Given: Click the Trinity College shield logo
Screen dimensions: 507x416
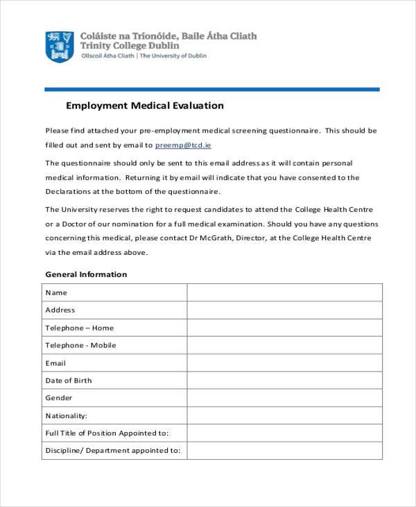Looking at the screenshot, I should coord(60,46).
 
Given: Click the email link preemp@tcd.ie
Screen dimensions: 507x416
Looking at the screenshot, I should coord(183,145).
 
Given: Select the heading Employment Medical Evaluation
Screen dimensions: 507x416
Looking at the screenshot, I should coord(144,106).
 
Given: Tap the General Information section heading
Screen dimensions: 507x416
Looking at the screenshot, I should coord(86,274).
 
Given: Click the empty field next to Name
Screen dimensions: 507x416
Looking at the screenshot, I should coord(284,292).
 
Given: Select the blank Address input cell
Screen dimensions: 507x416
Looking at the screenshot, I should coord(284,310).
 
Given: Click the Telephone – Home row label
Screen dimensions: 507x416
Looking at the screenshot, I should coord(79,328).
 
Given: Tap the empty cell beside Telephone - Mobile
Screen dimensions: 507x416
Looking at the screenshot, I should coord(284,345).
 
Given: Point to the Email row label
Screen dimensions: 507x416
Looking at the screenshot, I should coord(55,363).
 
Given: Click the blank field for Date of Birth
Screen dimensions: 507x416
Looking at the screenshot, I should coord(284,381).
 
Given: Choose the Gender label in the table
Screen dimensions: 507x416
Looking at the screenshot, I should coord(59,398).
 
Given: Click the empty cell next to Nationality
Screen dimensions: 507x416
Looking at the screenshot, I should coord(284,415).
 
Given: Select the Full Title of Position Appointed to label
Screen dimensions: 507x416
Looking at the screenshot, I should coord(107,433).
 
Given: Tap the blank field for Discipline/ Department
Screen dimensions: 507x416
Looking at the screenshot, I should coord(284,450).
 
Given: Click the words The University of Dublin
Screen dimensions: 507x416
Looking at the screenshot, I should coord(173,56).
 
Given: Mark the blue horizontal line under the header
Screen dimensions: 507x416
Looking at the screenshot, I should coord(212,89).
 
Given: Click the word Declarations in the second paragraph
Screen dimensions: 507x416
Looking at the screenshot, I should coord(68,192).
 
